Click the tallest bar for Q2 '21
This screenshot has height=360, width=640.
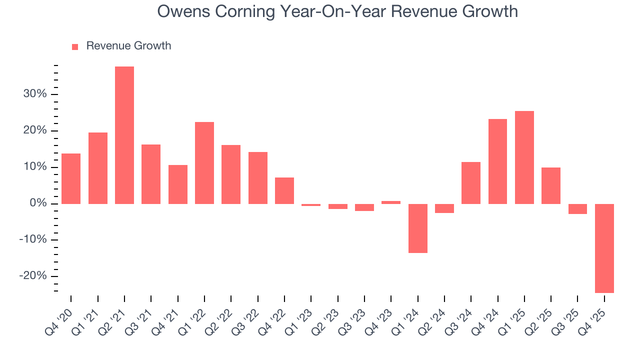tap(124, 135)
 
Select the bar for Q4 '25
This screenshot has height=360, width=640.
tap(604, 248)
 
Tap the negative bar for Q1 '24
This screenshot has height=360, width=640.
tap(418, 228)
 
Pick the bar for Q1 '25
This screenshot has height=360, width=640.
tap(524, 157)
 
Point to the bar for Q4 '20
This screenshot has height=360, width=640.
tap(71, 178)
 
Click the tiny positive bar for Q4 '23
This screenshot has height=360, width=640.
tap(391, 202)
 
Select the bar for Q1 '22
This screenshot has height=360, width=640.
tap(204, 162)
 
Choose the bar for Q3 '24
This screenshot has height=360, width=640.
tap(471, 182)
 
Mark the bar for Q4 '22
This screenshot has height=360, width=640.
tap(284, 190)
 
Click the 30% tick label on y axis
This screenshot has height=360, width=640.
tap(34, 94)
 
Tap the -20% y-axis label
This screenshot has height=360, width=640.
tap(33, 276)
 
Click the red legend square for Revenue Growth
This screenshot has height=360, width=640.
tap(75, 46)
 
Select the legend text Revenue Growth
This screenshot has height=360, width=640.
tap(128, 46)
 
